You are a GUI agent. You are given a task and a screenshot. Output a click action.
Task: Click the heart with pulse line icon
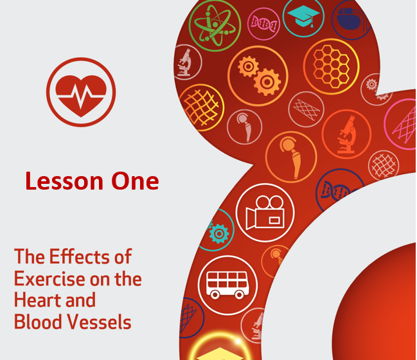(81, 92)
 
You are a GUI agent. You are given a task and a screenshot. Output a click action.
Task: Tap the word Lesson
(64, 181)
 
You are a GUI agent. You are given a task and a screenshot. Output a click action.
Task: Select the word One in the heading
(135, 181)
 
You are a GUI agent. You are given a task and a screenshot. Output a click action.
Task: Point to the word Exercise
(49, 279)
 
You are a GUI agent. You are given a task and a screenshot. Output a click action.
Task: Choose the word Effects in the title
(80, 256)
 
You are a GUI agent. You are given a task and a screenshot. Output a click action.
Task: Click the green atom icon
(215, 26)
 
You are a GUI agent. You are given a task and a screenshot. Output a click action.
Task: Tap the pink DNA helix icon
(263, 24)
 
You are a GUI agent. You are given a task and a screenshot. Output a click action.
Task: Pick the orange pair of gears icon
(258, 76)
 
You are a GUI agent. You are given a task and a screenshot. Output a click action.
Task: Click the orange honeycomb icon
(331, 66)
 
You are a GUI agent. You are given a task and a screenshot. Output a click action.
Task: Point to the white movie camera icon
(265, 213)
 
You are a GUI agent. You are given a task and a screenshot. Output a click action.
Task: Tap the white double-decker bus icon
(227, 285)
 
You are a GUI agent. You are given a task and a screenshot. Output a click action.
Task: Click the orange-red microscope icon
(346, 134)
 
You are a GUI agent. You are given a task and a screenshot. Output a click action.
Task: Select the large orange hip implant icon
(291, 157)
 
